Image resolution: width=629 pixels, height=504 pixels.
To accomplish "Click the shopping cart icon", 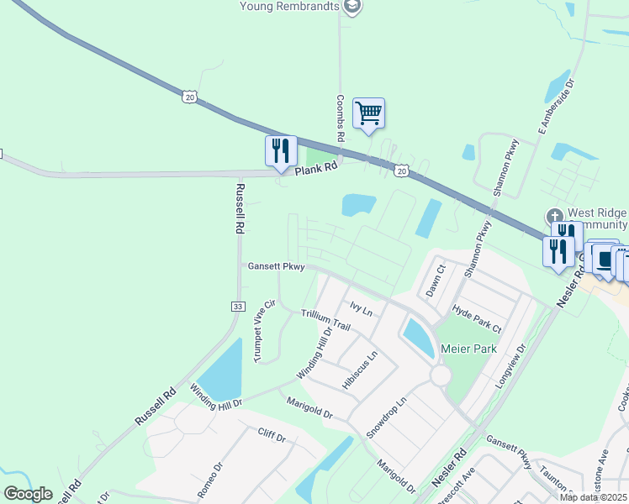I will tap(368, 113).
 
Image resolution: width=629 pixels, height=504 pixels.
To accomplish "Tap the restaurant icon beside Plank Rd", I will tap(281, 151).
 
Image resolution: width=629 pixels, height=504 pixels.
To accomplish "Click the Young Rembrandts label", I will tap(288, 7).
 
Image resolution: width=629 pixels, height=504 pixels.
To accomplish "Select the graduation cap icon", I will tap(352, 7).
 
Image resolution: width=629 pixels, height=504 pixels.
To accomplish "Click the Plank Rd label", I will tap(315, 167).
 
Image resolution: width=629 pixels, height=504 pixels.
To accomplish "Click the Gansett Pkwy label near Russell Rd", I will tap(276, 266).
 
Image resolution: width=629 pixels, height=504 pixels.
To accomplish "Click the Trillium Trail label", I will tap(325, 319).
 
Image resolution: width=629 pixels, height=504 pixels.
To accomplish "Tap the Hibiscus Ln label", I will tap(360, 369).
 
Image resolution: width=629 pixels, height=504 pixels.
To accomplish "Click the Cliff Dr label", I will tap(272, 436).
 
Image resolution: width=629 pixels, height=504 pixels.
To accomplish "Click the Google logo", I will tap(29, 494).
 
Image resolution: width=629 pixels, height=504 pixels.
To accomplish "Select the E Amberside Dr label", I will tap(556, 108).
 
